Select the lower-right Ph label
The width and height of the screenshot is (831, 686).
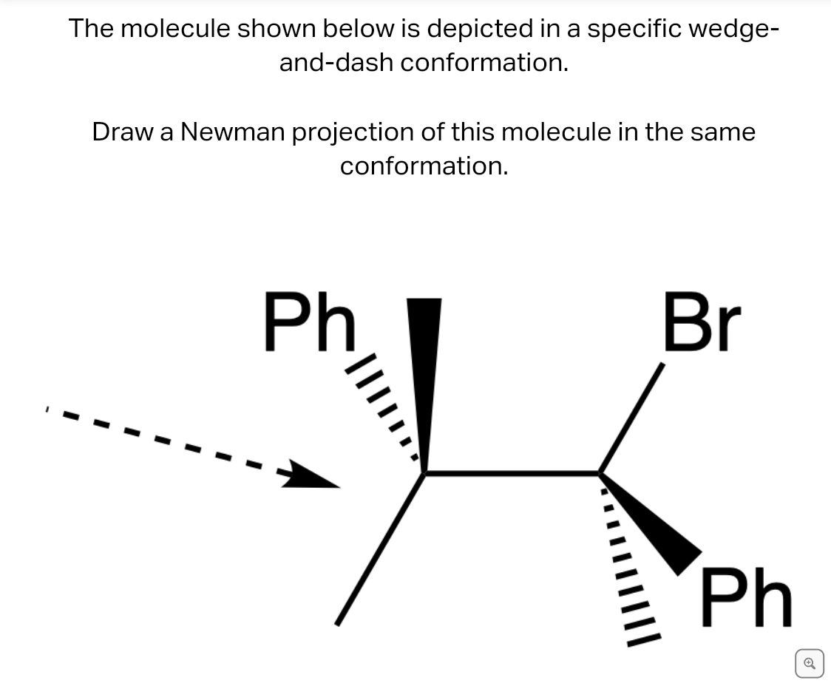point(746,597)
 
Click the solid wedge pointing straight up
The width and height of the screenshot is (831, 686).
point(424,384)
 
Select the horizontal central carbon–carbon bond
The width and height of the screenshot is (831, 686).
point(512,472)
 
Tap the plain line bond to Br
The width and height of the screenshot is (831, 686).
point(631,418)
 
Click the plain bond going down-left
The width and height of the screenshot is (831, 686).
point(380,549)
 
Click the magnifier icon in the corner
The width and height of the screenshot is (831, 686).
point(810,663)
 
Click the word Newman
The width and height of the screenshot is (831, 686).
point(233,132)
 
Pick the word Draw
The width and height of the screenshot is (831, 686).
point(123,132)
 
